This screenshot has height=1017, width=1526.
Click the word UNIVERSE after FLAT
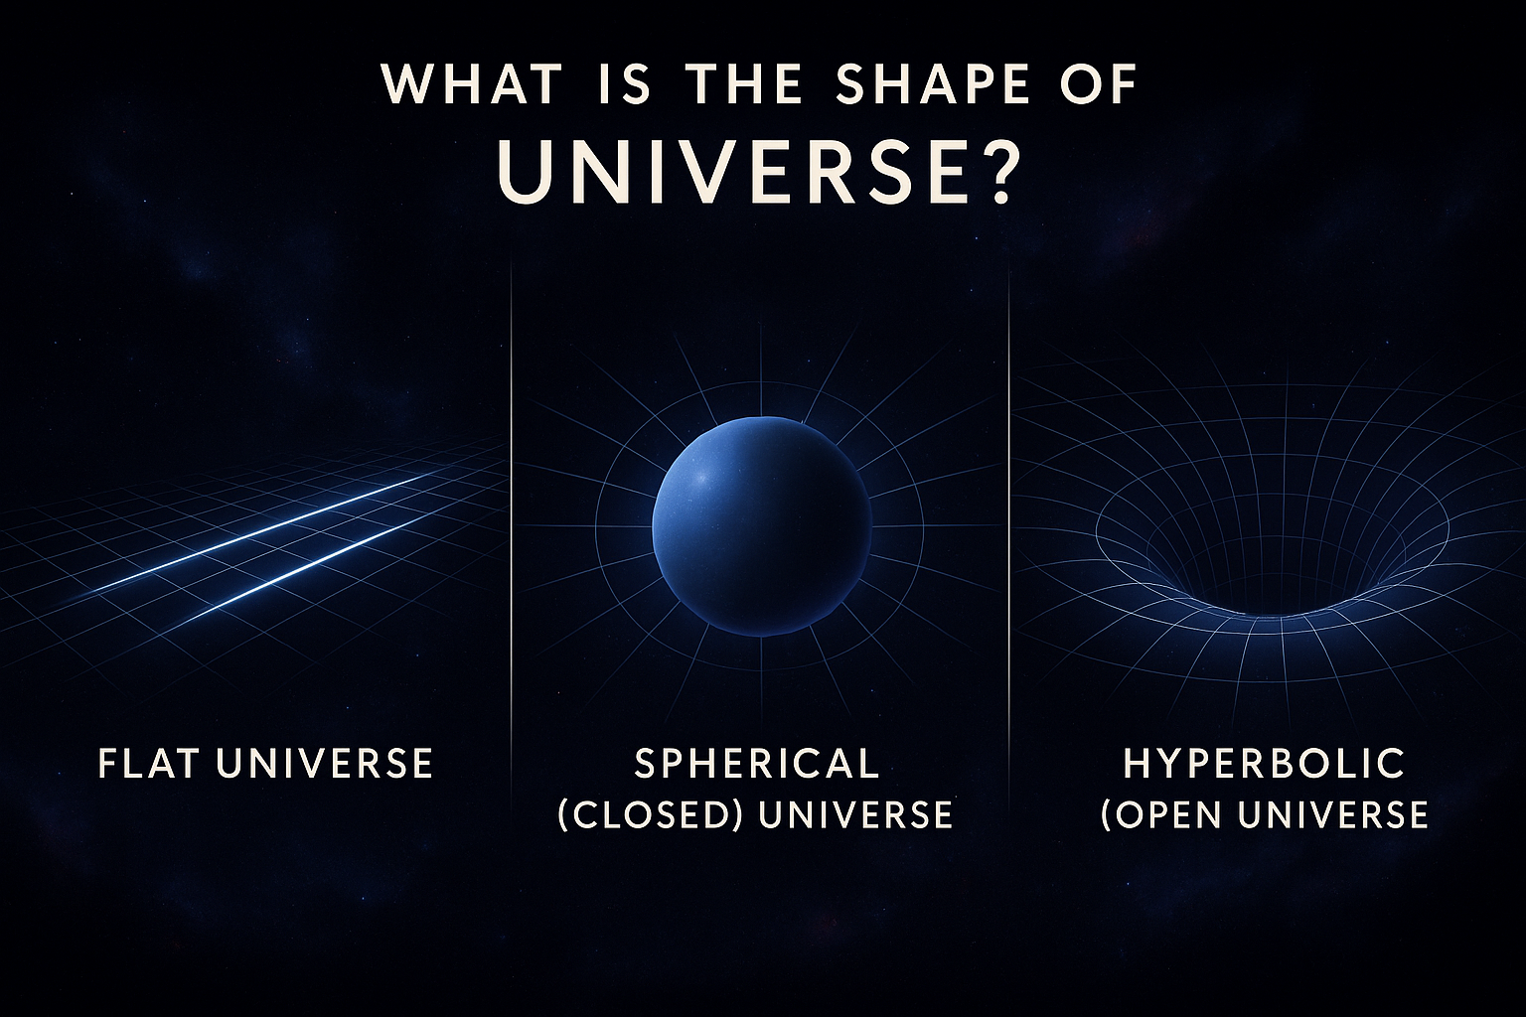[324, 763]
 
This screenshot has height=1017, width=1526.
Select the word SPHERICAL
[757, 763]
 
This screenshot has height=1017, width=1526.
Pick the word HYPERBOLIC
[1264, 763]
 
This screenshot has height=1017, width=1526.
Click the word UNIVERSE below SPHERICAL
[855, 814]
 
